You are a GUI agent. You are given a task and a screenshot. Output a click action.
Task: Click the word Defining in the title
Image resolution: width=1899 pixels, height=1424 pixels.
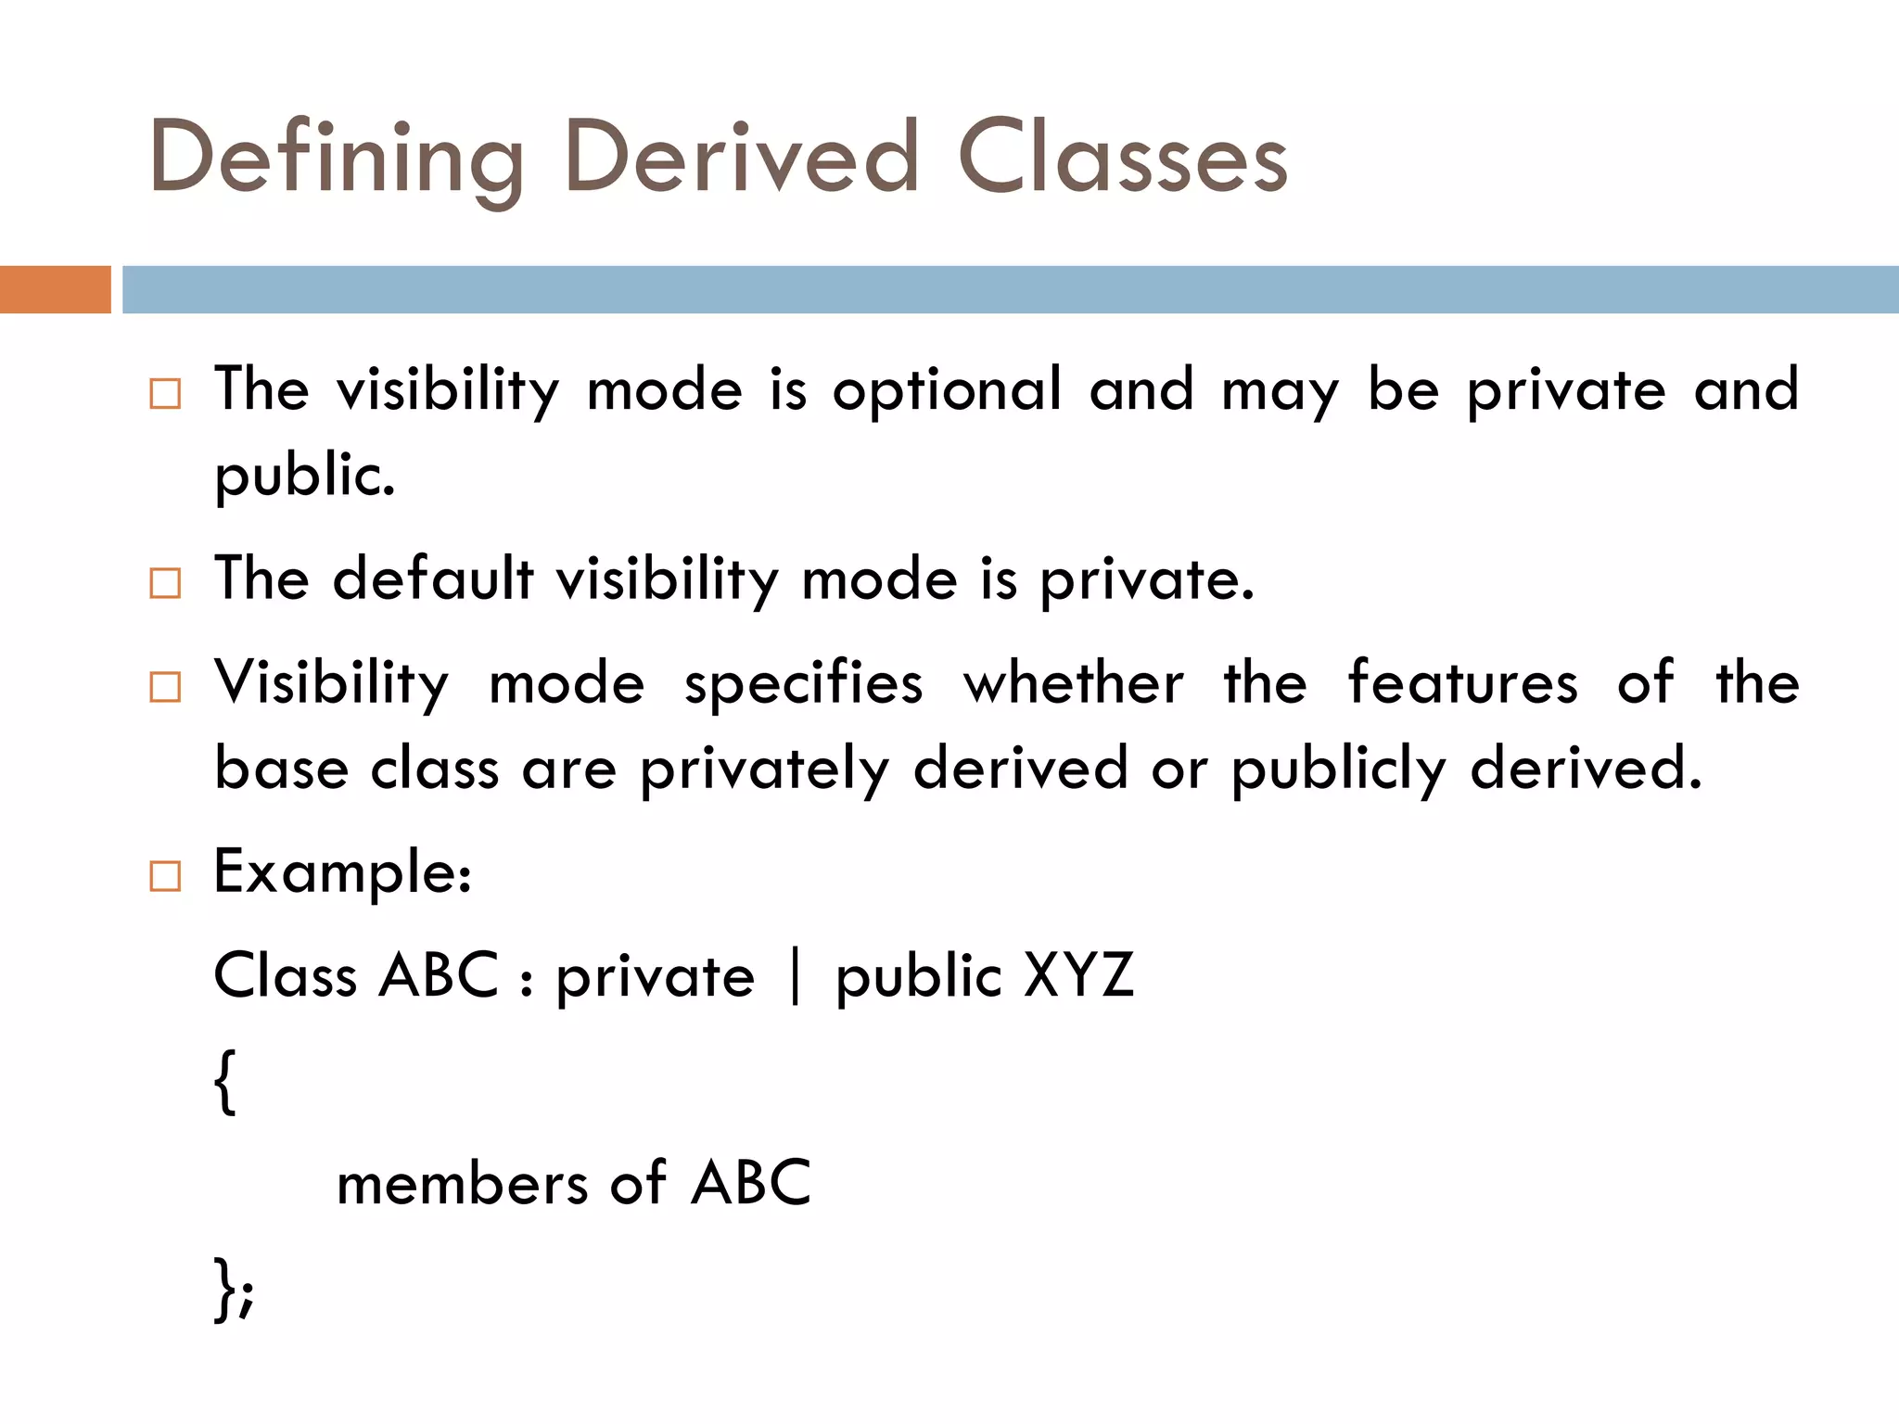click(x=337, y=159)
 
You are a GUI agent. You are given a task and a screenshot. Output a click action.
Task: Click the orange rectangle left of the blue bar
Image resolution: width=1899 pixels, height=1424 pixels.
click(x=55, y=289)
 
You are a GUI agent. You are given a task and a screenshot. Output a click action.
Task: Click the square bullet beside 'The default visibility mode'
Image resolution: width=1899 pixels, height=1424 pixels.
click(x=165, y=583)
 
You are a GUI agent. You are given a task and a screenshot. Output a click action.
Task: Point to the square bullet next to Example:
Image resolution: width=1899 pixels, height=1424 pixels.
click(x=165, y=876)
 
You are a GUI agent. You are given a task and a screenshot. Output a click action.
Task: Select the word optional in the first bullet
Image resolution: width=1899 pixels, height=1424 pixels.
click(x=947, y=391)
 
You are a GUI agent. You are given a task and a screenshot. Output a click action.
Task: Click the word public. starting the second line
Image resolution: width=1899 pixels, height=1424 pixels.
click(x=305, y=476)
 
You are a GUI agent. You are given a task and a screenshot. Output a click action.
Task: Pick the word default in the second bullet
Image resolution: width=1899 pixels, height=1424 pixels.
click(x=433, y=579)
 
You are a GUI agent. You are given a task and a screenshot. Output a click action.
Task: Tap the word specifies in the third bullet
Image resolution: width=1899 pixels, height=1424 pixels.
click(x=804, y=684)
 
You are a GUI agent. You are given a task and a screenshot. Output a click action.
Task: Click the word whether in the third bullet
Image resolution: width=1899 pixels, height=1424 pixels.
click(x=1074, y=683)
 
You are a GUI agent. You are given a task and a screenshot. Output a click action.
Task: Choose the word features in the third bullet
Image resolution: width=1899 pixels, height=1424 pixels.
click(x=1462, y=683)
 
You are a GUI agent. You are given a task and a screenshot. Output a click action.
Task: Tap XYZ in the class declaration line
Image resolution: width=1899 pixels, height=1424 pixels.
click(x=1078, y=976)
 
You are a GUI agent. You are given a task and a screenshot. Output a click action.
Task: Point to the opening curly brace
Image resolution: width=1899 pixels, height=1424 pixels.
click(x=225, y=1081)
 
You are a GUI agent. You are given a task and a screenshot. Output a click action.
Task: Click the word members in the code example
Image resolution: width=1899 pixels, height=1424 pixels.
click(x=462, y=1185)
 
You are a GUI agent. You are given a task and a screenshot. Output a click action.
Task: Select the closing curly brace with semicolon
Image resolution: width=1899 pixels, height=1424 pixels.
click(x=234, y=1289)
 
